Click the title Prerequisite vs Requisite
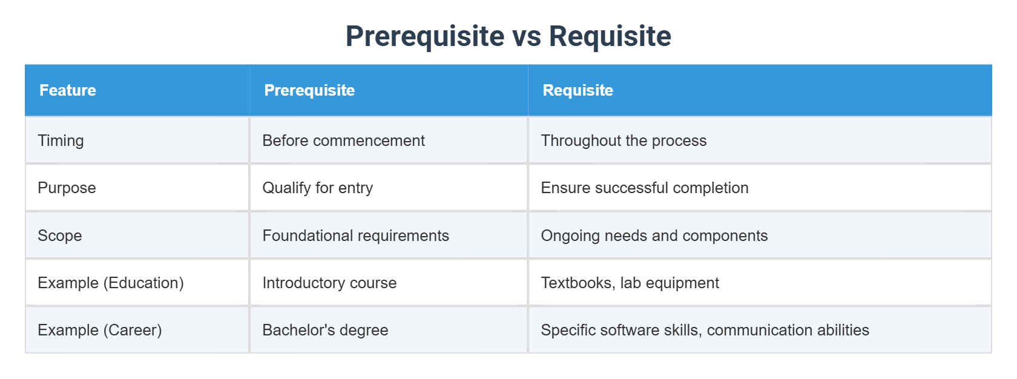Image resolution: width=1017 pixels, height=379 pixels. (x=508, y=36)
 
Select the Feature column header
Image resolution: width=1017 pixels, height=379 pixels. (x=68, y=90)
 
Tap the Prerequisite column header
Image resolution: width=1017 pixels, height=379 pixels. (x=309, y=90)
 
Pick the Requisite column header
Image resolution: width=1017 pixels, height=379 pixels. (x=578, y=90)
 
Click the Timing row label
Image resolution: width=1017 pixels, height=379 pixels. (x=61, y=140)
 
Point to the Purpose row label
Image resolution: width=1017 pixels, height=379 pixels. (x=67, y=188)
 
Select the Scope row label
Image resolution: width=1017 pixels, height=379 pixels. (x=59, y=236)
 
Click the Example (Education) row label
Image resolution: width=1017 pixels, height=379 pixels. (x=110, y=283)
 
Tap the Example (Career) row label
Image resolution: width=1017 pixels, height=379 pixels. (x=99, y=330)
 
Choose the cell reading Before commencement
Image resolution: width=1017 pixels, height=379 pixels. (x=343, y=140)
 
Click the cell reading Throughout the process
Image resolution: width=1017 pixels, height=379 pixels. (x=624, y=140)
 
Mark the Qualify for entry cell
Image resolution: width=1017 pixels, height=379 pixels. (x=317, y=188)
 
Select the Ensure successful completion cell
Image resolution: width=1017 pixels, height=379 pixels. (x=644, y=188)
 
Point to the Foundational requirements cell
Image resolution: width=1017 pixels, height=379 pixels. (x=355, y=236)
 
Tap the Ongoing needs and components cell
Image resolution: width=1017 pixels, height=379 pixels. (x=654, y=236)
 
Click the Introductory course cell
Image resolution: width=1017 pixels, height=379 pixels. (x=329, y=283)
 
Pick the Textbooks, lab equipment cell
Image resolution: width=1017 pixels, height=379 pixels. (x=630, y=283)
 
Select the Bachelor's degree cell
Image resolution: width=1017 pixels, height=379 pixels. (x=325, y=330)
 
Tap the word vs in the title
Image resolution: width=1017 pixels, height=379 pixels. (x=527, y=37)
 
